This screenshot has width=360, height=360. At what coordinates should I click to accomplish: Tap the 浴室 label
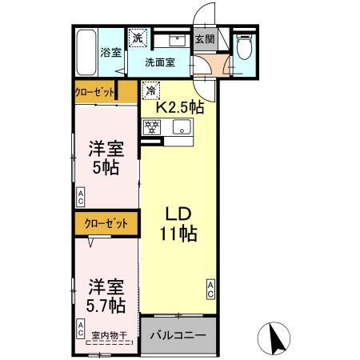pos(110,54)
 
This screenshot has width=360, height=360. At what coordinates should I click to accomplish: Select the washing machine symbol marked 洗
pos(138,37)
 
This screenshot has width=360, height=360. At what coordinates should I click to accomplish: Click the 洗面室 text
pos(161,62)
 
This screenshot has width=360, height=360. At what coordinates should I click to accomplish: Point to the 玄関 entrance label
pos(205,38)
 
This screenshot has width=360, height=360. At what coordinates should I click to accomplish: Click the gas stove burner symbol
pos(151,126)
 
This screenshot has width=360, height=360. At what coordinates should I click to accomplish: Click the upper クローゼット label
pos(95,91)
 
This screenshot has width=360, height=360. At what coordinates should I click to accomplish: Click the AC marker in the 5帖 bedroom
pos(81,194)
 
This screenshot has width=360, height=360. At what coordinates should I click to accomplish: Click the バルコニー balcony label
pos(178,336)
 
